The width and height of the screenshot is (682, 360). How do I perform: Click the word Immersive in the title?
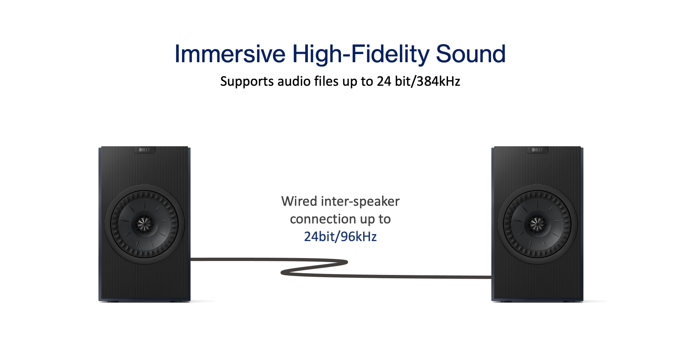[x=230, y=54]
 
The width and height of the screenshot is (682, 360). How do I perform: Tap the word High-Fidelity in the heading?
[x=360, y=54]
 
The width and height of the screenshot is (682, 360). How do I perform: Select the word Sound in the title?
[x=470, y=54]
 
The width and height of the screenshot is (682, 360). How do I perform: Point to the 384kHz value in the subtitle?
[x=438, y=81]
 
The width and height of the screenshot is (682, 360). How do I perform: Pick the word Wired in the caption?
[x=299, y=201]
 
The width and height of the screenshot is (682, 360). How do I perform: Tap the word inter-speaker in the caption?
[x=360, y=201]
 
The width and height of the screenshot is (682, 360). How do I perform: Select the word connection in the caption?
[x=323, y=219]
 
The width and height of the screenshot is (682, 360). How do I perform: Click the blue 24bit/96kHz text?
[x=340, y=237]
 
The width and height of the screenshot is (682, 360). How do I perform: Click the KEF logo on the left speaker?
[x=145, y=150]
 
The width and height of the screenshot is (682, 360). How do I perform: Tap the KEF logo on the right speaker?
[x=537, y=150]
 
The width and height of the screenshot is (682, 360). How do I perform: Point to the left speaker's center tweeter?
[x=144, y=223]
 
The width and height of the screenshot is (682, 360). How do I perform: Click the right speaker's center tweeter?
[x=537, y=223]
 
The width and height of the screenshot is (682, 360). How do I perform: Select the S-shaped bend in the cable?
[x=315, y=268]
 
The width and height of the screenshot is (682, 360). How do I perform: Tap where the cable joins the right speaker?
[x=491, y=277]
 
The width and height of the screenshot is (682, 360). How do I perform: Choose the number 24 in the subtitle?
[x=384, y=81]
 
